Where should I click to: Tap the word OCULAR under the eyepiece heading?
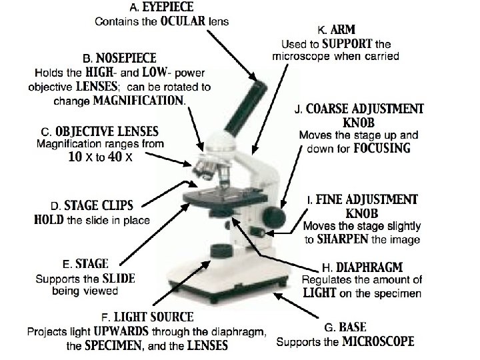click(182, 21)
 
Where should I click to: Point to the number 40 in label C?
click(114, 157)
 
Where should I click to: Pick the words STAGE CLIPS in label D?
click(107, 205)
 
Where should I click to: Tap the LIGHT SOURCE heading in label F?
click(154, 317)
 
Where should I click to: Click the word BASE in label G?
click(353, 328)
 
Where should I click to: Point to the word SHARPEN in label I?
click(341, 240)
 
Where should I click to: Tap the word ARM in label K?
click(345, 30)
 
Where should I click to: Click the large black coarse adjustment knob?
click(274, 217)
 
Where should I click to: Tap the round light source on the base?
click(219, 251)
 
